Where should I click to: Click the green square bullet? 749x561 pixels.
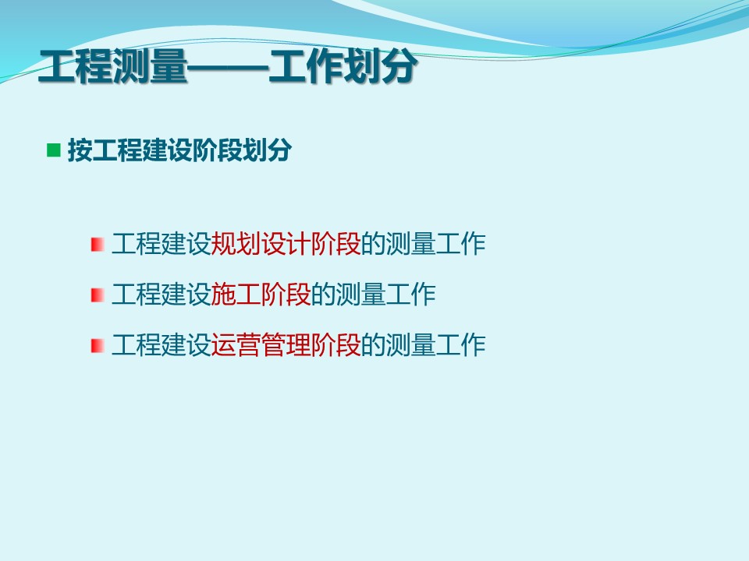[x=54, y=150]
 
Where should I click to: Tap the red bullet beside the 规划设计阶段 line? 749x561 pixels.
[x=98, y=244]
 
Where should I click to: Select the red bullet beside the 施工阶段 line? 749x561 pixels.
[x=98, y=295]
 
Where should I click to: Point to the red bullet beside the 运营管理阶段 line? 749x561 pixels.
[x=98, y=345]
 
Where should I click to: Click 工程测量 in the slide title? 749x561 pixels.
[x=112, y=67]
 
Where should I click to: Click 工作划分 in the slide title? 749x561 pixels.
[x=343, y=67]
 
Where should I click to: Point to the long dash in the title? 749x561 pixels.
[x=228, y=68]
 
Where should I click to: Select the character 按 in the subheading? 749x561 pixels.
[x=80, y=150]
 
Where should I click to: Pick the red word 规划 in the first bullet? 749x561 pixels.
[x=236, y=244]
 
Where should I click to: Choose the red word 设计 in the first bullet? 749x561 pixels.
[x=286, y=244]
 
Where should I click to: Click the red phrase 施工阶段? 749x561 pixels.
[x=261, y=295]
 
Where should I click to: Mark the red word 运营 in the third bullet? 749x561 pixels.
[x=236, y=345]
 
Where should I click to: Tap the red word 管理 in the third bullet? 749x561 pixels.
[x=286, y=345]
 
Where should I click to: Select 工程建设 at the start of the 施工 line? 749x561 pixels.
[x=162, y=295]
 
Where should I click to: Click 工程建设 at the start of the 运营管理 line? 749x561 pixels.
[x=162, y=345]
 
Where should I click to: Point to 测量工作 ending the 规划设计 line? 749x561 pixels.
[x=435, y=244]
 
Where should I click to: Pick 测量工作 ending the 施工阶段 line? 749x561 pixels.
[x=386, y=295]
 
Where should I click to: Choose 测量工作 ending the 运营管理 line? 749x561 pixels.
[x=435, y=345]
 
